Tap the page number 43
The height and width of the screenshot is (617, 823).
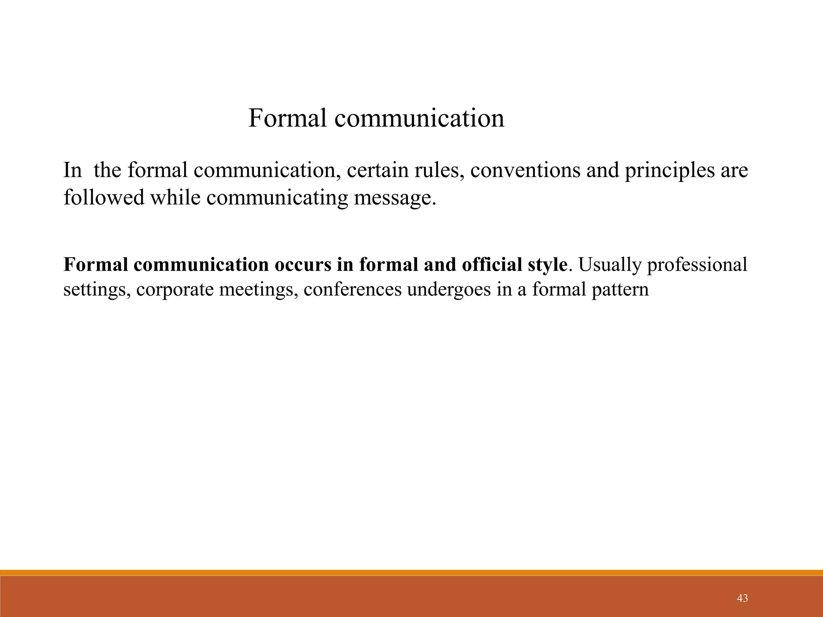[743, 598]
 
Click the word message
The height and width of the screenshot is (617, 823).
[395, 198]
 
